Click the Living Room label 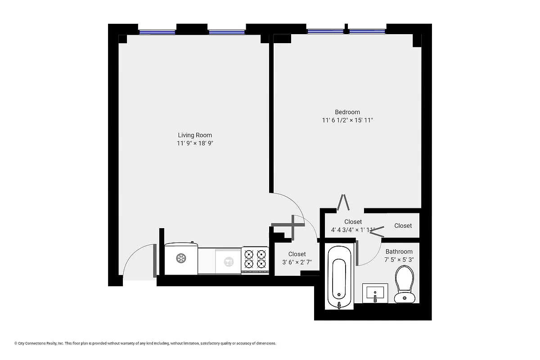pyautogui.click(x=194, y=135)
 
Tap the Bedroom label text pyautogui.click(x=347, y=112)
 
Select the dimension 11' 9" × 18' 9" pyautogui.click(x=194, y=144)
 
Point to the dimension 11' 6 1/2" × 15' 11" pyautogui.click(x=347, y=121)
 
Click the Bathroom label pyautogui.click(x=399, y=252)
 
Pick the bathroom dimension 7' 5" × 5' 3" pyautogui.click(x=399, y=260)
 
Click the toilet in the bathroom pyautogui.click(x=404, y=284)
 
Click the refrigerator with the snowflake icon pyautogui.click(x=181, y=259)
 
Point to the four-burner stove pyautogui.click(x=255, y=260)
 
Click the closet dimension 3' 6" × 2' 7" pyautogui.click(x=297, y=262)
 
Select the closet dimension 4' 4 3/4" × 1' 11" pyautogui.click(x=353, y=230)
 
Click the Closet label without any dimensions pyautogui.click(x=403, y=225)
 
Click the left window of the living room pyautogui.click(x=157, y=32)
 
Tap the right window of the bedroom pyautogui.click(x=367, y=31)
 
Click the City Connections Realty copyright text pyautogui.click(x=145, y=343)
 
